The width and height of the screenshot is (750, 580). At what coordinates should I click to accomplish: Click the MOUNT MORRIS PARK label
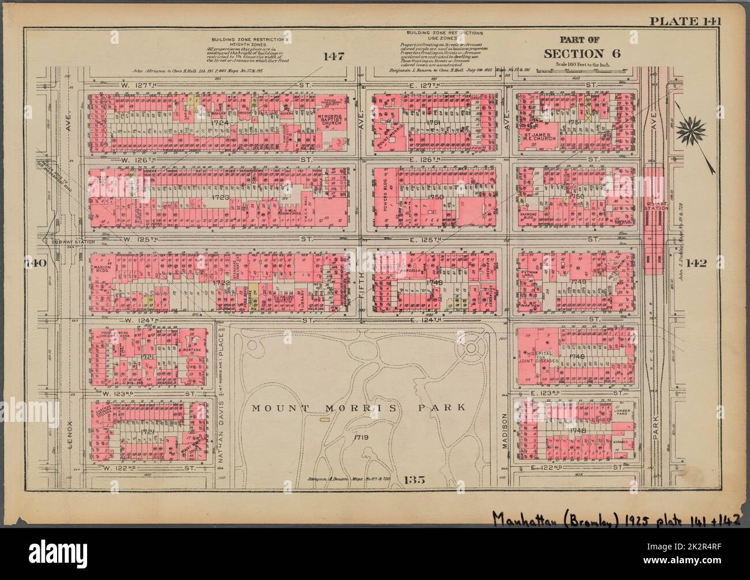click(x=358, y=407)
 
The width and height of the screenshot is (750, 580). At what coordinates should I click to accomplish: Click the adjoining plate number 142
click(x=709, y=263)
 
